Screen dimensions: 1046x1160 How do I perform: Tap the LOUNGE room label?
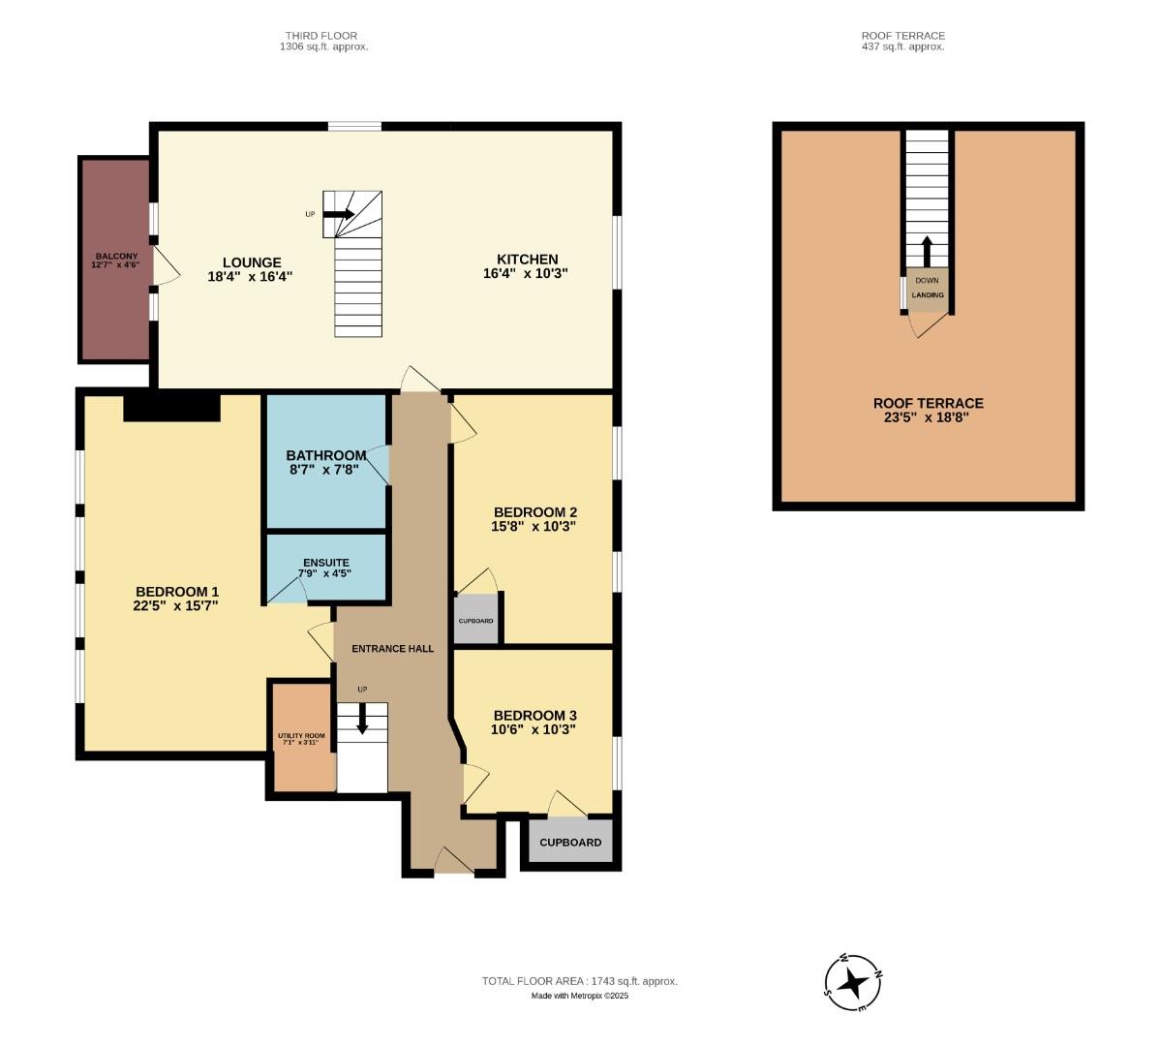pyautogui.click(x=251, y=262)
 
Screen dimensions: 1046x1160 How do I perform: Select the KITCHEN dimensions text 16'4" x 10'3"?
pyautogui.click(x=527, y=274)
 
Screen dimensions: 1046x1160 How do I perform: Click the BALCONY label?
pyautogui.click(x=115, y=257)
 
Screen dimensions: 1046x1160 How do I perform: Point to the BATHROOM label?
pyautogui.click(x=326, y=455)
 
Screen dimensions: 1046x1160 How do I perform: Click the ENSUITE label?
pyautogui.click(x=326, y=563)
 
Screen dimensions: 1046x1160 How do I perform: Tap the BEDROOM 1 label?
pyautogui.click(x=176, y=592)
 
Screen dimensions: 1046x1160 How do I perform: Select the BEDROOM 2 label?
pyautogui.click(x=534, y=512)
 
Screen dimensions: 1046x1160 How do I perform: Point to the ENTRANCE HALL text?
pyautogui.click(x=392, y=648)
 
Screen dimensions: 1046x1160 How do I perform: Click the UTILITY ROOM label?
pyautogui.click(x=301, y=737)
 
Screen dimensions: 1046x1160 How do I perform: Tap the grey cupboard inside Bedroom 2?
pyautogui.click(x=475, y=621)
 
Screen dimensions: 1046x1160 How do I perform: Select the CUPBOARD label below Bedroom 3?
pyautogui.click(x=570, y=843)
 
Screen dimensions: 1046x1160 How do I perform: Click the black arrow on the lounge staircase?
pyautogui.click(x=338, y=214)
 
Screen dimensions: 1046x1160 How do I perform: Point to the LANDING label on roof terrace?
pyautogui.click(x=927, y=295)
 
